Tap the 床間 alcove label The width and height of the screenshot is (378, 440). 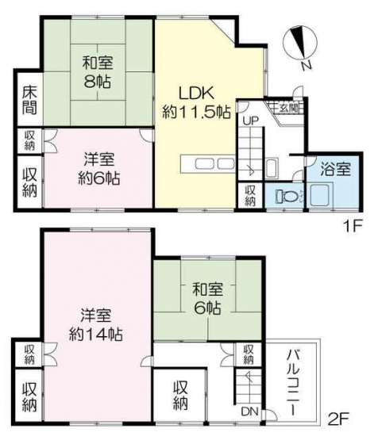29,100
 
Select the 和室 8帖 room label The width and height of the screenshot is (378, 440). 98,72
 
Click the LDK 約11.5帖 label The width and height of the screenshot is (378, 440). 196,103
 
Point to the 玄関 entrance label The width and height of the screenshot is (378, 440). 288,108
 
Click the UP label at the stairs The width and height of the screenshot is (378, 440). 251,121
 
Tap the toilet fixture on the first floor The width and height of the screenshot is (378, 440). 285,195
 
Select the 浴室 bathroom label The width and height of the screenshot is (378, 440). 336,169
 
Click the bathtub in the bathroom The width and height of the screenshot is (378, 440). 322,194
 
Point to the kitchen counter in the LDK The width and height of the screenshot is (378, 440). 208,163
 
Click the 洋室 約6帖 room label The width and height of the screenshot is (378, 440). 98,169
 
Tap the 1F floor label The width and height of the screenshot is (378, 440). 353,226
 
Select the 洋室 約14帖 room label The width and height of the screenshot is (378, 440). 95,325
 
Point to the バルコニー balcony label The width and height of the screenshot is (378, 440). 292,381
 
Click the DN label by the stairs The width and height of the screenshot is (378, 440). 249,411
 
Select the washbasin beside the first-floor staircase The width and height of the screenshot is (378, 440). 272,168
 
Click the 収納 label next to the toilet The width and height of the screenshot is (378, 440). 250,196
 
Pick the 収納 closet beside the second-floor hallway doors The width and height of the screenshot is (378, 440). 249,354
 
